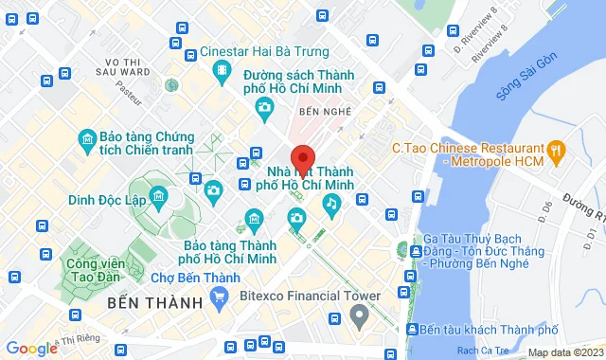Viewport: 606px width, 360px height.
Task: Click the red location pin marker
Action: coord(302,156)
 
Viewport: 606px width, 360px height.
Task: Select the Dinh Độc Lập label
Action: coord(108,200)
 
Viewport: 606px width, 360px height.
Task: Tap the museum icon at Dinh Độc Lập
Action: coord(157,198)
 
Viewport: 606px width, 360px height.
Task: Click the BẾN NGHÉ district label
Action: coord(326,112)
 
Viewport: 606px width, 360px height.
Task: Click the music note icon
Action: coord(330,202)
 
